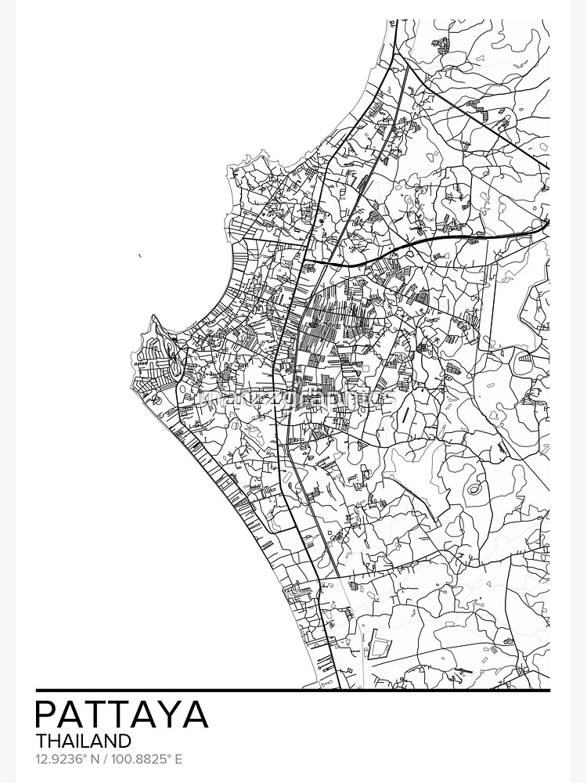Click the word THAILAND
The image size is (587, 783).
coord(82,741)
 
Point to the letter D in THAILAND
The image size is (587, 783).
coord(123,741)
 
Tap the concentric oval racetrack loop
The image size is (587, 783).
coord(474,489)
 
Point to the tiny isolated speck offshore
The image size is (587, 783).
coord(139,255)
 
